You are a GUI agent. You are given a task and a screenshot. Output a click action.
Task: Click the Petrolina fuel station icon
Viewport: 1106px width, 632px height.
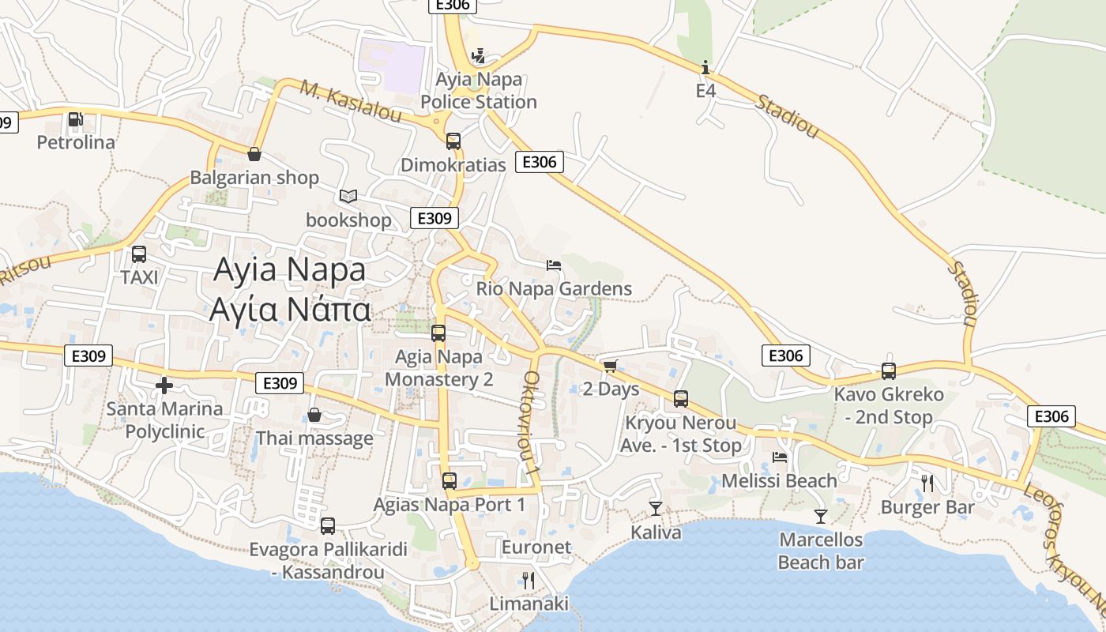[76, 119]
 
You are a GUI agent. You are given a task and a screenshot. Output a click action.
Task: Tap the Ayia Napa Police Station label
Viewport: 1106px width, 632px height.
[479, 91]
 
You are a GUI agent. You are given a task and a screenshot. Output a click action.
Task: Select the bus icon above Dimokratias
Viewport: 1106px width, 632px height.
[453, 141]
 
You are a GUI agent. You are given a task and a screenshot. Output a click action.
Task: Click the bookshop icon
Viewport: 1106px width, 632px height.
[348, 196]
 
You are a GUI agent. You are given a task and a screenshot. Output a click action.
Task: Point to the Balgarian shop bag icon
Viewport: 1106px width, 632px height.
[254, 154]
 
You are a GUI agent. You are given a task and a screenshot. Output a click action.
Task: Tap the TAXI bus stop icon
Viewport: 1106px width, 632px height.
[139, 254]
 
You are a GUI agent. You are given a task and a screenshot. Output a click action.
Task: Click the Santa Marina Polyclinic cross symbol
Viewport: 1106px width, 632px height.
[164, 386]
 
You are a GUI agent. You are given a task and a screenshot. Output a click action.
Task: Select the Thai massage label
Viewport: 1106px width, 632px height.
[314, 438]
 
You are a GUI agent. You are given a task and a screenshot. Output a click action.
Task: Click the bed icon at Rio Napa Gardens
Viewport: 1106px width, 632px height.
[554, 265]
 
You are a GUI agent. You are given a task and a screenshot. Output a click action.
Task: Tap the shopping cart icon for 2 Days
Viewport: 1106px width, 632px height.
[610, 366]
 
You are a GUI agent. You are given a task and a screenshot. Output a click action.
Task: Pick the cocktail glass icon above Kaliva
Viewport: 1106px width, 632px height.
[656, 508]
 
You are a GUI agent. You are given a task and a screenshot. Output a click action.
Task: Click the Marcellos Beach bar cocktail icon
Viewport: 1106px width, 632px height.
[821, 517]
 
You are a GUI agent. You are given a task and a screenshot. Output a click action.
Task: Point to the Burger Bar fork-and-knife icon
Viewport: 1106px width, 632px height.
[927, 483]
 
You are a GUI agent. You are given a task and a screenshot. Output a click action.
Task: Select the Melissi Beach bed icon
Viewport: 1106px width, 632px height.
[780, 457]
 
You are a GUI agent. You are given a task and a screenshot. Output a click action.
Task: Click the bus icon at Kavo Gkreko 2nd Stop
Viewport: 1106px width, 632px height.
[889, 371]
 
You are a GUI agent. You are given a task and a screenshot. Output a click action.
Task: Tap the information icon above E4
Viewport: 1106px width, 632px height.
[705, 67]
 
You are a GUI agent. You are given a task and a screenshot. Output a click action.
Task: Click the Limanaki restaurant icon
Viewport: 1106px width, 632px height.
[529, 581]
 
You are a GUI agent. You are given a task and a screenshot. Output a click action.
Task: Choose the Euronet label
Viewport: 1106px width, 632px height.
[536, 547]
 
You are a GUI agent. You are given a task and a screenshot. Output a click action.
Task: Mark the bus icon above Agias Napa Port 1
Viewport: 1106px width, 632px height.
[450, 480]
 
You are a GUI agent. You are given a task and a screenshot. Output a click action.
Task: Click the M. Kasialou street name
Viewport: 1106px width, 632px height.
[350, 101]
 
